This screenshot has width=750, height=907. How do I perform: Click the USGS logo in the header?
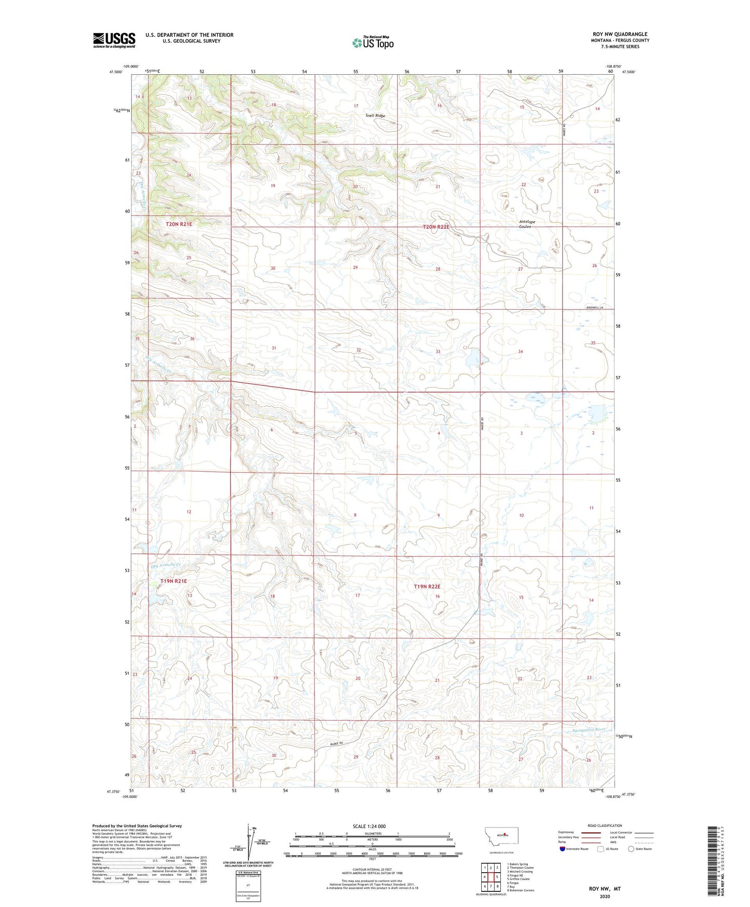click(x=114, y=40)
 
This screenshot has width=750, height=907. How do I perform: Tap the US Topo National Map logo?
click(x=373, y=42)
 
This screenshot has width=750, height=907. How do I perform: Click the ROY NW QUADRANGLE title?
click(x=620, y=34)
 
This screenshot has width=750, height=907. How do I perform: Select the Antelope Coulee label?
click(x=527, y=224)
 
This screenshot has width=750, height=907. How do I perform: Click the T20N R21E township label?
click(x=179, y=224)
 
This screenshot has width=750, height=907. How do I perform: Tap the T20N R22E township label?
click(x=435, y=227)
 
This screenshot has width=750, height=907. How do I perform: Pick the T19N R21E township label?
click(x=173, y=581)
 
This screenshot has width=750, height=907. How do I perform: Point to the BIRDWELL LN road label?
click(x=594, y=308)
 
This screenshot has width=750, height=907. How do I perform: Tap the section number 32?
click(x=358, y=350)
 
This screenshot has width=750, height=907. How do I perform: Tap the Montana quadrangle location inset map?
click(x=501, y=838)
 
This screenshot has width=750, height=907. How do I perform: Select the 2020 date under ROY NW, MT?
click(x=605, y=896)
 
